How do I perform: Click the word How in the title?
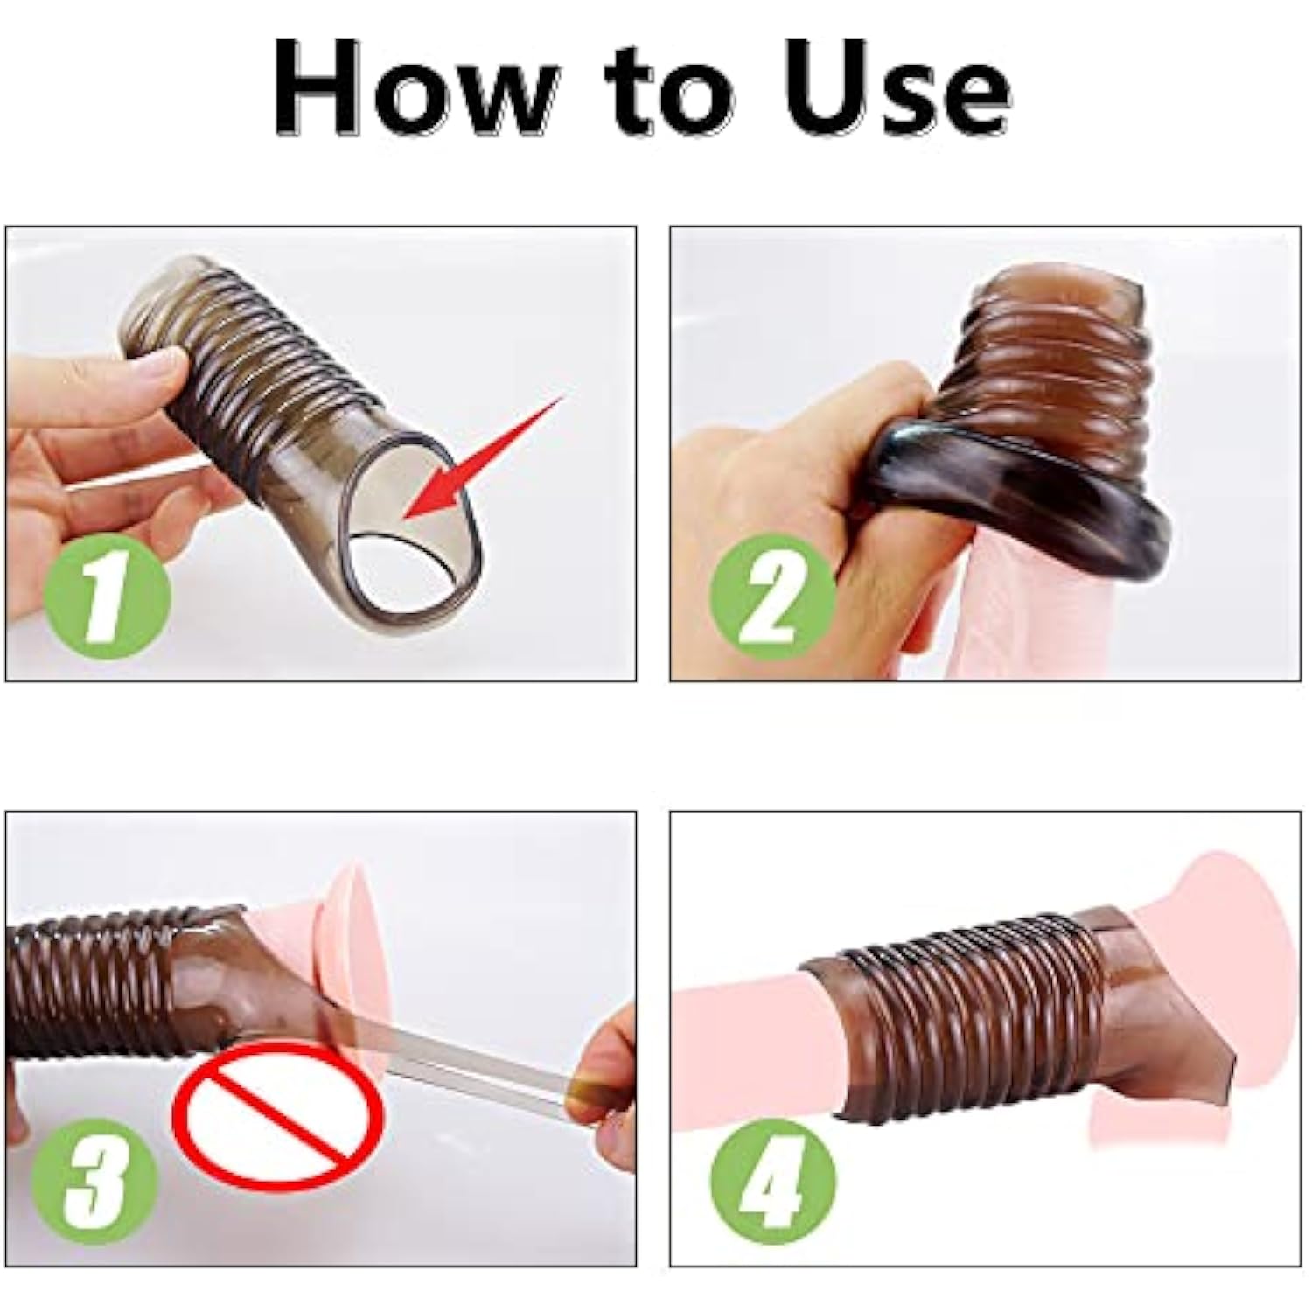click(x=416, y=87)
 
